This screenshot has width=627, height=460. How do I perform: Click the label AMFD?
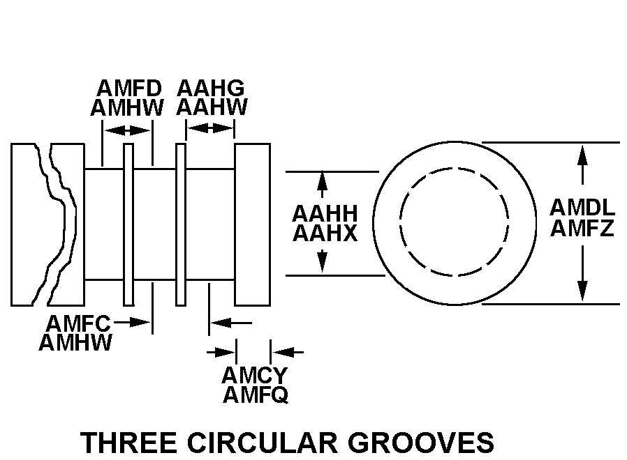click(129, 89)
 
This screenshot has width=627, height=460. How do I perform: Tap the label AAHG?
click(211, 89)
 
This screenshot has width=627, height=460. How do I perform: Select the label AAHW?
click(212, 107)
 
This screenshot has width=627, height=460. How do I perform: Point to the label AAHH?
click(325, 214)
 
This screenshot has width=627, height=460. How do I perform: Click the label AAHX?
click(325, 233)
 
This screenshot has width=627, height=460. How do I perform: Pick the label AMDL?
click(582, 208)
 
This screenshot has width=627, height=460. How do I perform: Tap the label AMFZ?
click(582, 229)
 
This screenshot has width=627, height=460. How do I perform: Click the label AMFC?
click(78, 323)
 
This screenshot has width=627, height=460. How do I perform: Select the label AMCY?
click(255, 376)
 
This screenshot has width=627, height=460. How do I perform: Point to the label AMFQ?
click(256, 395)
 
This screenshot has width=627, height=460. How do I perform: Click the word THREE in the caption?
click(128, 443)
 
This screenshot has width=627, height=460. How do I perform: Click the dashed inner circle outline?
click(400, 222)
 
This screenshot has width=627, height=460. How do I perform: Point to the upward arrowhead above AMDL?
click(582, 155)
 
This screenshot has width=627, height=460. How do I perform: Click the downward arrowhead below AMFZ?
click(582, 291)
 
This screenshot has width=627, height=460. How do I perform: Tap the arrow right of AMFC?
click(132, 322)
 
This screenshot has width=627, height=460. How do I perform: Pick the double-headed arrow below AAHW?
click(210, 128)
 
